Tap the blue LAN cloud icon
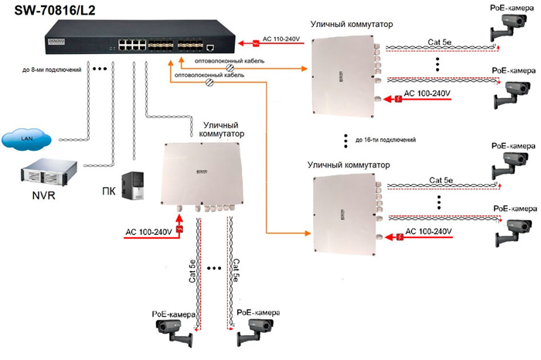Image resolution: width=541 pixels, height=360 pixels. point(29,139)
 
